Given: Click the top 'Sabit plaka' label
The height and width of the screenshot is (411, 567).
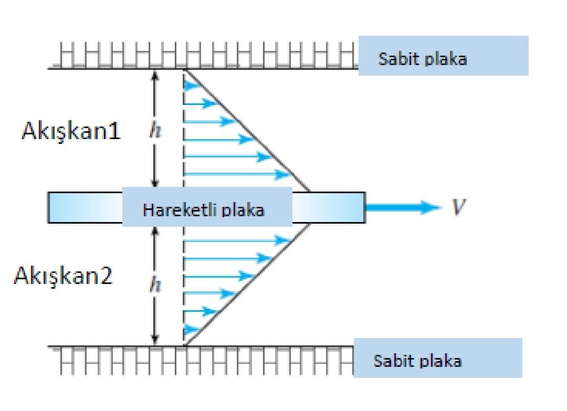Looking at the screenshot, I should click(x=422, y=58).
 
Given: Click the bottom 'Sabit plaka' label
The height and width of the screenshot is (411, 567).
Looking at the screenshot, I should click(x=417, y=361).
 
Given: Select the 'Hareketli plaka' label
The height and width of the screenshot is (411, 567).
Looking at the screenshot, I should click(x=204, y=210).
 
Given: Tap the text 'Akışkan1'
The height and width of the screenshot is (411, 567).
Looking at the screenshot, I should click(x=71, y=132).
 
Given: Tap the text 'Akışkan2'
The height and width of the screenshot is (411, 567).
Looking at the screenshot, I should click(x=63, y=276).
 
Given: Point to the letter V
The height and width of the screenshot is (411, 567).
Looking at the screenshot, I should click(x=458, y=208).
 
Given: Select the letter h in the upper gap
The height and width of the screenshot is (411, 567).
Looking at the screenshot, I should click(x=155, y=132).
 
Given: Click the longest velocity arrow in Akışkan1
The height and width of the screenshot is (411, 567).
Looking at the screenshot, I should click(x=236, y=174).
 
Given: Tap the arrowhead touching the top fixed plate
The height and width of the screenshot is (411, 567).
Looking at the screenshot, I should click(x=154, y=74).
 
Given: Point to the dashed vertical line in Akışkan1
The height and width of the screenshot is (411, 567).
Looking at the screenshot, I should click(x=184, y=131).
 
